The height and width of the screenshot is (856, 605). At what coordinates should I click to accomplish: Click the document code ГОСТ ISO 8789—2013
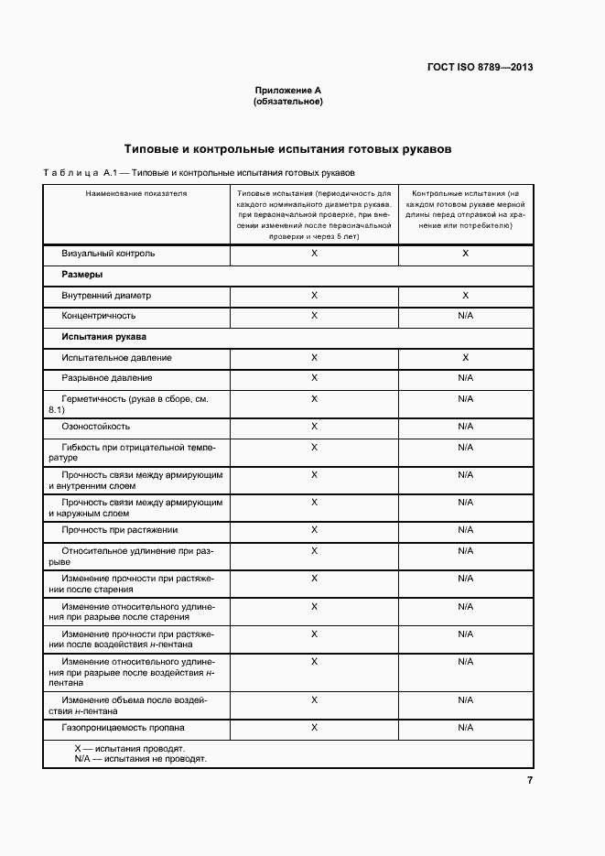[480, 67]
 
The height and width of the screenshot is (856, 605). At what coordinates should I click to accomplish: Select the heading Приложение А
[287, 91]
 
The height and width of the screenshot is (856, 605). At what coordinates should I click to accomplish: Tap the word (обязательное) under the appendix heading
[287, 102]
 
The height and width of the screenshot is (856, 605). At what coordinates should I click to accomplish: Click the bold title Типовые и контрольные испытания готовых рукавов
[287, 148]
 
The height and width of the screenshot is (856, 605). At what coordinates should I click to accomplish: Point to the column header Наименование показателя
[135, 194]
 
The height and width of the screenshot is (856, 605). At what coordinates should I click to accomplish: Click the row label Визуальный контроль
[108, 253]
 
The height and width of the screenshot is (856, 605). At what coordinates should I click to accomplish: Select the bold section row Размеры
[81, 275]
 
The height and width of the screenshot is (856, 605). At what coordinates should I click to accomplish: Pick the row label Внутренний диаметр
[105, 296]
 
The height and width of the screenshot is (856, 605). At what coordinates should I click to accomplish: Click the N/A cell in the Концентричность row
[465, 316]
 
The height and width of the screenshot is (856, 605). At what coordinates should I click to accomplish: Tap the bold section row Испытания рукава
[103, 337]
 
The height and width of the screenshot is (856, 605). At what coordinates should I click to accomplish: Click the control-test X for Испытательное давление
[465, 358]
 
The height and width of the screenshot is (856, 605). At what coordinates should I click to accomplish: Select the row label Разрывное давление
[107, 378]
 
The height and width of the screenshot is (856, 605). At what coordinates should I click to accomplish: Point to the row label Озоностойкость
[95, 427]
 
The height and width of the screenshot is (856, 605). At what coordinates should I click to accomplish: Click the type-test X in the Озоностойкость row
[314, 427]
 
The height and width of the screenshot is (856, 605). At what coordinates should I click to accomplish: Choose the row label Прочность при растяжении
[119, 530]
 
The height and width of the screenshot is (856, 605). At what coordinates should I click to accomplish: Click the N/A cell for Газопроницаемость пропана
[465, 728]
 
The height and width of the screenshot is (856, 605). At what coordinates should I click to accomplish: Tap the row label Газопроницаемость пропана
[123, 728]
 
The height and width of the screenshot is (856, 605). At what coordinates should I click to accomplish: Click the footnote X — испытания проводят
[129, 748]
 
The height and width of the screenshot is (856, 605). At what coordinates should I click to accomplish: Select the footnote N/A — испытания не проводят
[140, 759]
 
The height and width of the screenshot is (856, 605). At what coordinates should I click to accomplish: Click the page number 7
[529, 780]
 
